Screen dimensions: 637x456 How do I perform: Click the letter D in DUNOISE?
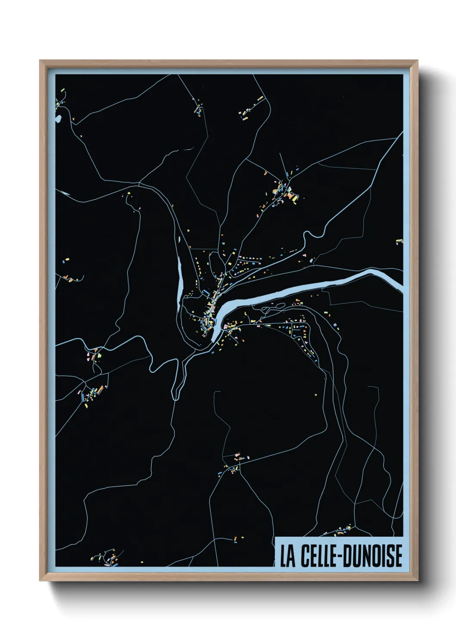347,556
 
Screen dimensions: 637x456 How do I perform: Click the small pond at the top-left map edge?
59,117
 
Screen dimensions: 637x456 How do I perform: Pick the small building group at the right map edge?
399,241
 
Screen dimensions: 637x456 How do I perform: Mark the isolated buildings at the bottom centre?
236,538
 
